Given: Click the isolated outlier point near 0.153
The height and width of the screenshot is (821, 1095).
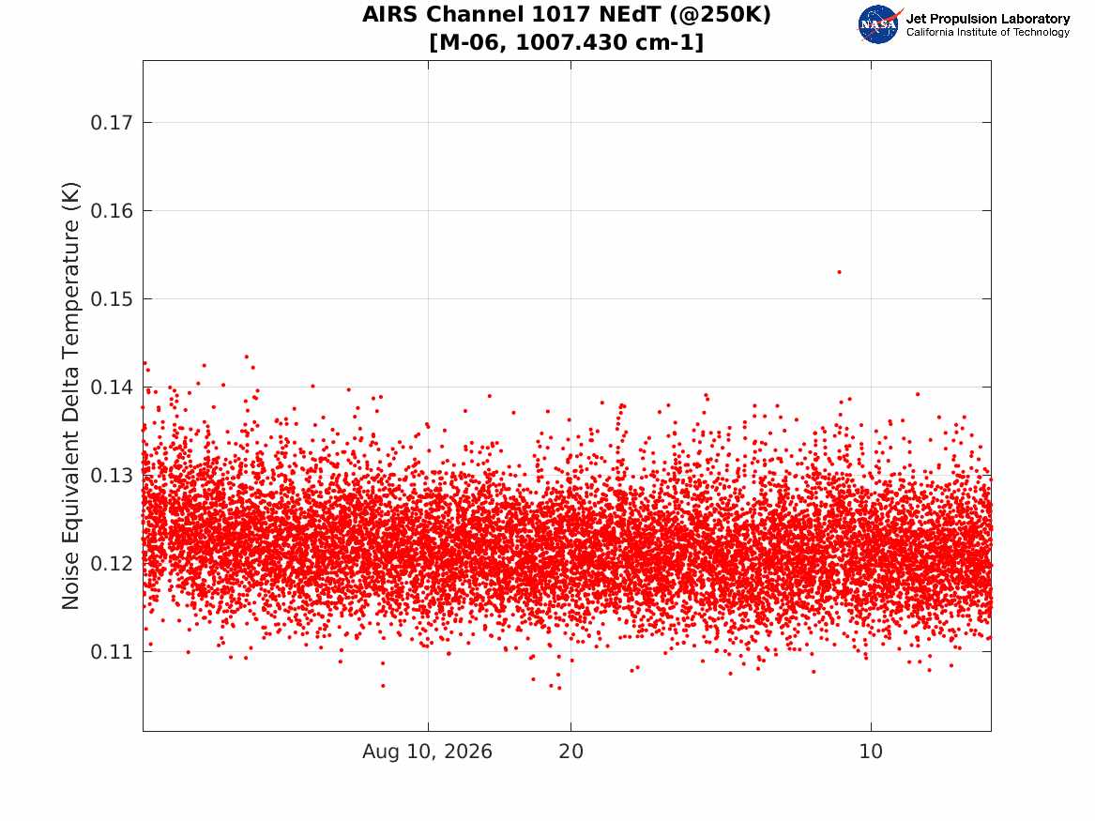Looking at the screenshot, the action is tap(839, 271).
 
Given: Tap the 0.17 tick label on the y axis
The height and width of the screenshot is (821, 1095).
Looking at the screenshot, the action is tap(111, 123).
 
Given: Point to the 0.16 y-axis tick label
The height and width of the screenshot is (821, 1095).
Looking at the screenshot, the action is tap(111, 211).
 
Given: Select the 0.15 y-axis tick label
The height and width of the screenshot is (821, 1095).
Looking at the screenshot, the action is tap(111, 298).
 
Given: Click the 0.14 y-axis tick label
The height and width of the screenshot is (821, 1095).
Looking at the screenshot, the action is tap(111, 387).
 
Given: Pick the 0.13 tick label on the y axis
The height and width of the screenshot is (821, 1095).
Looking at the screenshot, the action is tap(111, 476).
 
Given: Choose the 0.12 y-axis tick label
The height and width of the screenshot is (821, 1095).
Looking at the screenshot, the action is tap(111, 563).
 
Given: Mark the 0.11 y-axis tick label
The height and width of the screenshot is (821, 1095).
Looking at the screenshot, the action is tap(111, 652).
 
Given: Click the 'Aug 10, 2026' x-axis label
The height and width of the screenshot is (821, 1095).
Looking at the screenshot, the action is tap(427, 752).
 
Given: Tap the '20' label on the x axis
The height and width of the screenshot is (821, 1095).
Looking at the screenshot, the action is tap(571, 752).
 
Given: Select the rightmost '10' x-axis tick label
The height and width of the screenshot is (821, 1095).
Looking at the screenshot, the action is tap(871, 752).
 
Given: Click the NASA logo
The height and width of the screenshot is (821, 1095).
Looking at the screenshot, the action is tap(878, 24).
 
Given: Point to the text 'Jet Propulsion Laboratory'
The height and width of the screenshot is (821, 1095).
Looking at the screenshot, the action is tap(988, 19).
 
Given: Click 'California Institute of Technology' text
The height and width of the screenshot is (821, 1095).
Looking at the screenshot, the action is tap(988, 32).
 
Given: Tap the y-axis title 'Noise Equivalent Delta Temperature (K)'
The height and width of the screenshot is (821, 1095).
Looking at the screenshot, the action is tap(70, 396).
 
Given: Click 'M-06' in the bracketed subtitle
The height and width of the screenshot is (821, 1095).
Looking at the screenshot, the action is tap(471, 42).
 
